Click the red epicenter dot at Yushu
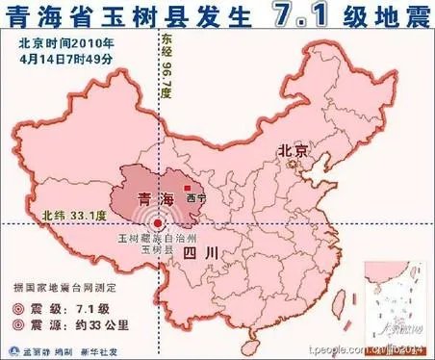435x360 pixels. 158,223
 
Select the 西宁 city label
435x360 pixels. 196,198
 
